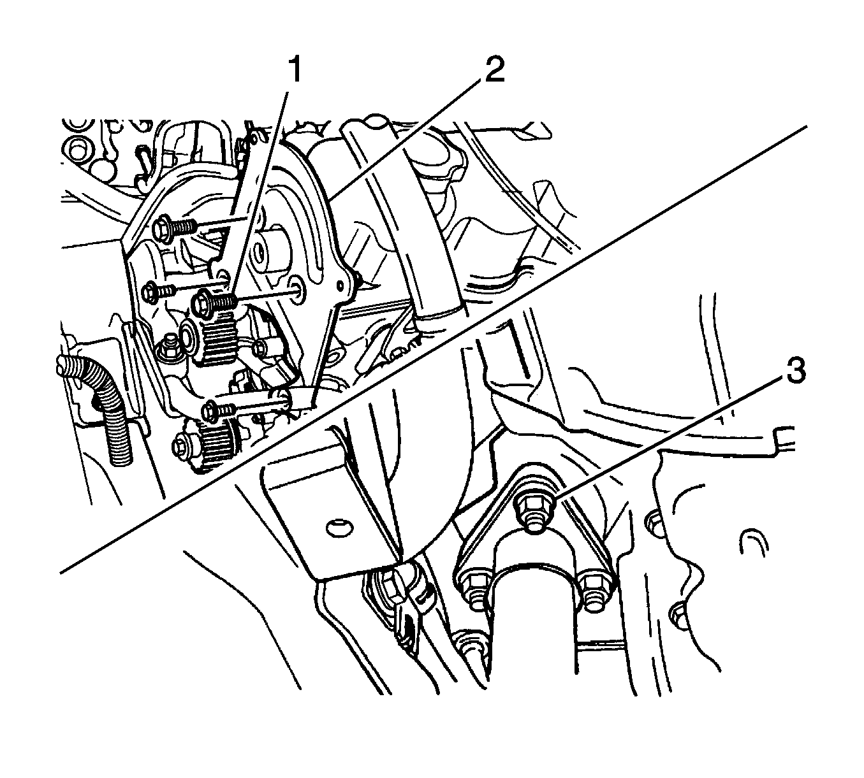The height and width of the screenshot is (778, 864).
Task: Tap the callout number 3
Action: tap(793, 371)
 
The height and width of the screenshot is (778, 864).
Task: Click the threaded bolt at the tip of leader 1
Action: tap(214, 302)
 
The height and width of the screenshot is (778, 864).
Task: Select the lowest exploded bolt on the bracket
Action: tap(219, 409)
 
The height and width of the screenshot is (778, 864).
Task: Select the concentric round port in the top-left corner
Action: tap(78, 148)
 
